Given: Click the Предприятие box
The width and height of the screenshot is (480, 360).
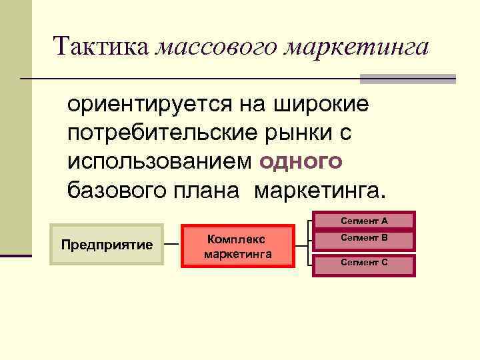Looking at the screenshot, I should click(107, 245).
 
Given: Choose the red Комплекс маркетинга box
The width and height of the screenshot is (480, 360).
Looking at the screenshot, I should click(238, 247).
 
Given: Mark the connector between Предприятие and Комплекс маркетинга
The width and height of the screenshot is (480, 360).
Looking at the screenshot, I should click(172, 245).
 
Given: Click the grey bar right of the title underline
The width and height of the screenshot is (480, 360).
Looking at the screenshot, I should click(408, 79).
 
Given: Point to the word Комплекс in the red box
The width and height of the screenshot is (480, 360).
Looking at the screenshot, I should click(237, 239).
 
